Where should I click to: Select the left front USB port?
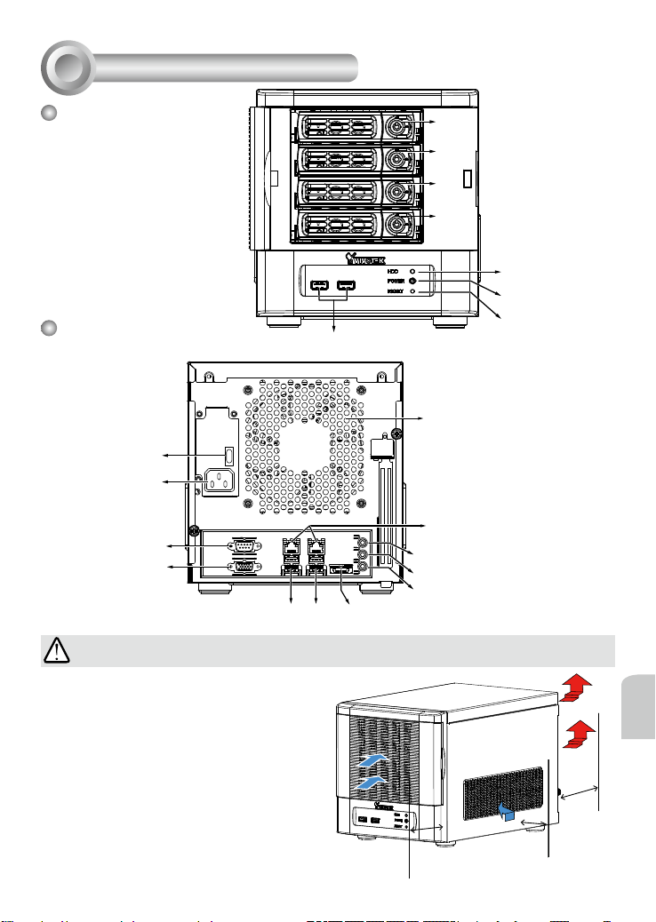point(317,287)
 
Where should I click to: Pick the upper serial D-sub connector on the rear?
point(243,546)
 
